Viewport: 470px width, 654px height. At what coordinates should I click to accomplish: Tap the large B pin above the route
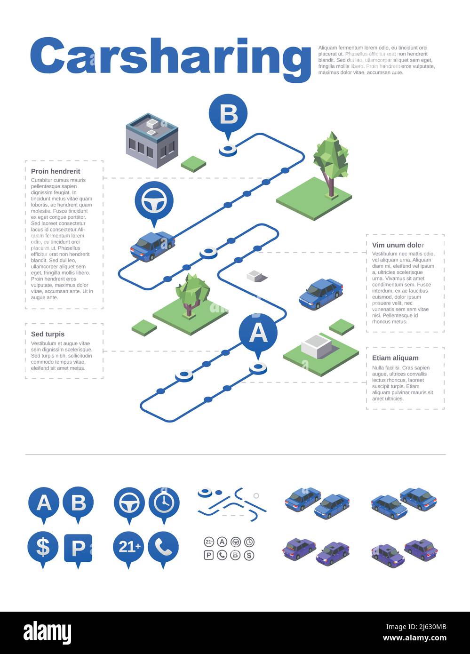(x=228, y=114)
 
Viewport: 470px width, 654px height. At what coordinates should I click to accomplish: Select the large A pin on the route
(x=258, y=333)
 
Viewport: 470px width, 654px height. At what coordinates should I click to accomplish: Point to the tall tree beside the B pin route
(x=331, y=162)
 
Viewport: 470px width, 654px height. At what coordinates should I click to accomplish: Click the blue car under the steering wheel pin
(x=152, y=246)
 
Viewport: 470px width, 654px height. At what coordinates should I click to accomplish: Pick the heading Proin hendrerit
(x=56, y=171)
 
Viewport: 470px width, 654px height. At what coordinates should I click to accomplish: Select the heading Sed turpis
(x=48, y=334)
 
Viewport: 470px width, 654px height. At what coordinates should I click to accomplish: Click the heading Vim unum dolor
(x=398, y=245)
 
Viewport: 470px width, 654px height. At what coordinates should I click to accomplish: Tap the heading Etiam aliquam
(x=395, y=358)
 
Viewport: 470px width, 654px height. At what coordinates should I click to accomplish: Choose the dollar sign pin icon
(x=43, y=548)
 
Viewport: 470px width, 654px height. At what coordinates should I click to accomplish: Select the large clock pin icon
(x=164, y=503)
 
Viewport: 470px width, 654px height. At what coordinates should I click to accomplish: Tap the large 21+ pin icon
(x=129, y=547)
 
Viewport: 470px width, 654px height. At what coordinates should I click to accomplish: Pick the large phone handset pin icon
(x=163, y=547)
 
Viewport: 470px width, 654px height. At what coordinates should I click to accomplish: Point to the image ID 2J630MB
(x=416, y=627)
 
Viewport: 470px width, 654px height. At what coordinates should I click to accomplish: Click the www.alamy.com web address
(x=414, y=638)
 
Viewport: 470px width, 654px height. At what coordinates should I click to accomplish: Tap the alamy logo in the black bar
(x=47, y=632)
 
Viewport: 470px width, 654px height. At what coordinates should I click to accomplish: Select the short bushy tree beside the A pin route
(x=191, y=293)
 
